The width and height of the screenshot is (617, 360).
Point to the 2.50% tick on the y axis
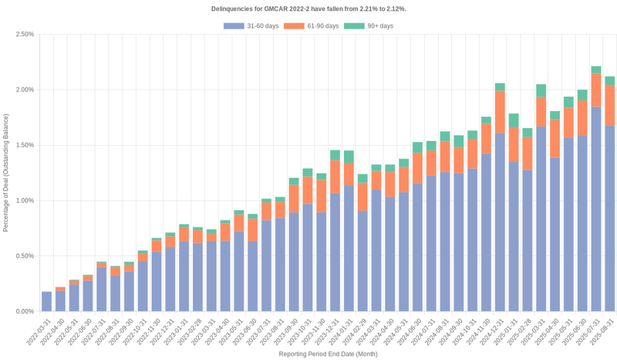pos(24,34)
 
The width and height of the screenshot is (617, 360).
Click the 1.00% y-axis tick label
pos(24,200)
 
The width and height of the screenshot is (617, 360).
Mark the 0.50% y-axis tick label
pos(24,256)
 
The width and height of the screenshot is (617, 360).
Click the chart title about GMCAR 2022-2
pos(308,8)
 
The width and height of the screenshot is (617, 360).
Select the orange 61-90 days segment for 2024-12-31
pos(500,112)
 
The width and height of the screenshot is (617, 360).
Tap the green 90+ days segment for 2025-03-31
pos(541,90)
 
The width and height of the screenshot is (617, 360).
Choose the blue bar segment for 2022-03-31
pos(46,301)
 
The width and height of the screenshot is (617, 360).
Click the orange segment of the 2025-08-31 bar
pos(609,105)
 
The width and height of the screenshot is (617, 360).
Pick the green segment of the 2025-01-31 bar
pos(513,120)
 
